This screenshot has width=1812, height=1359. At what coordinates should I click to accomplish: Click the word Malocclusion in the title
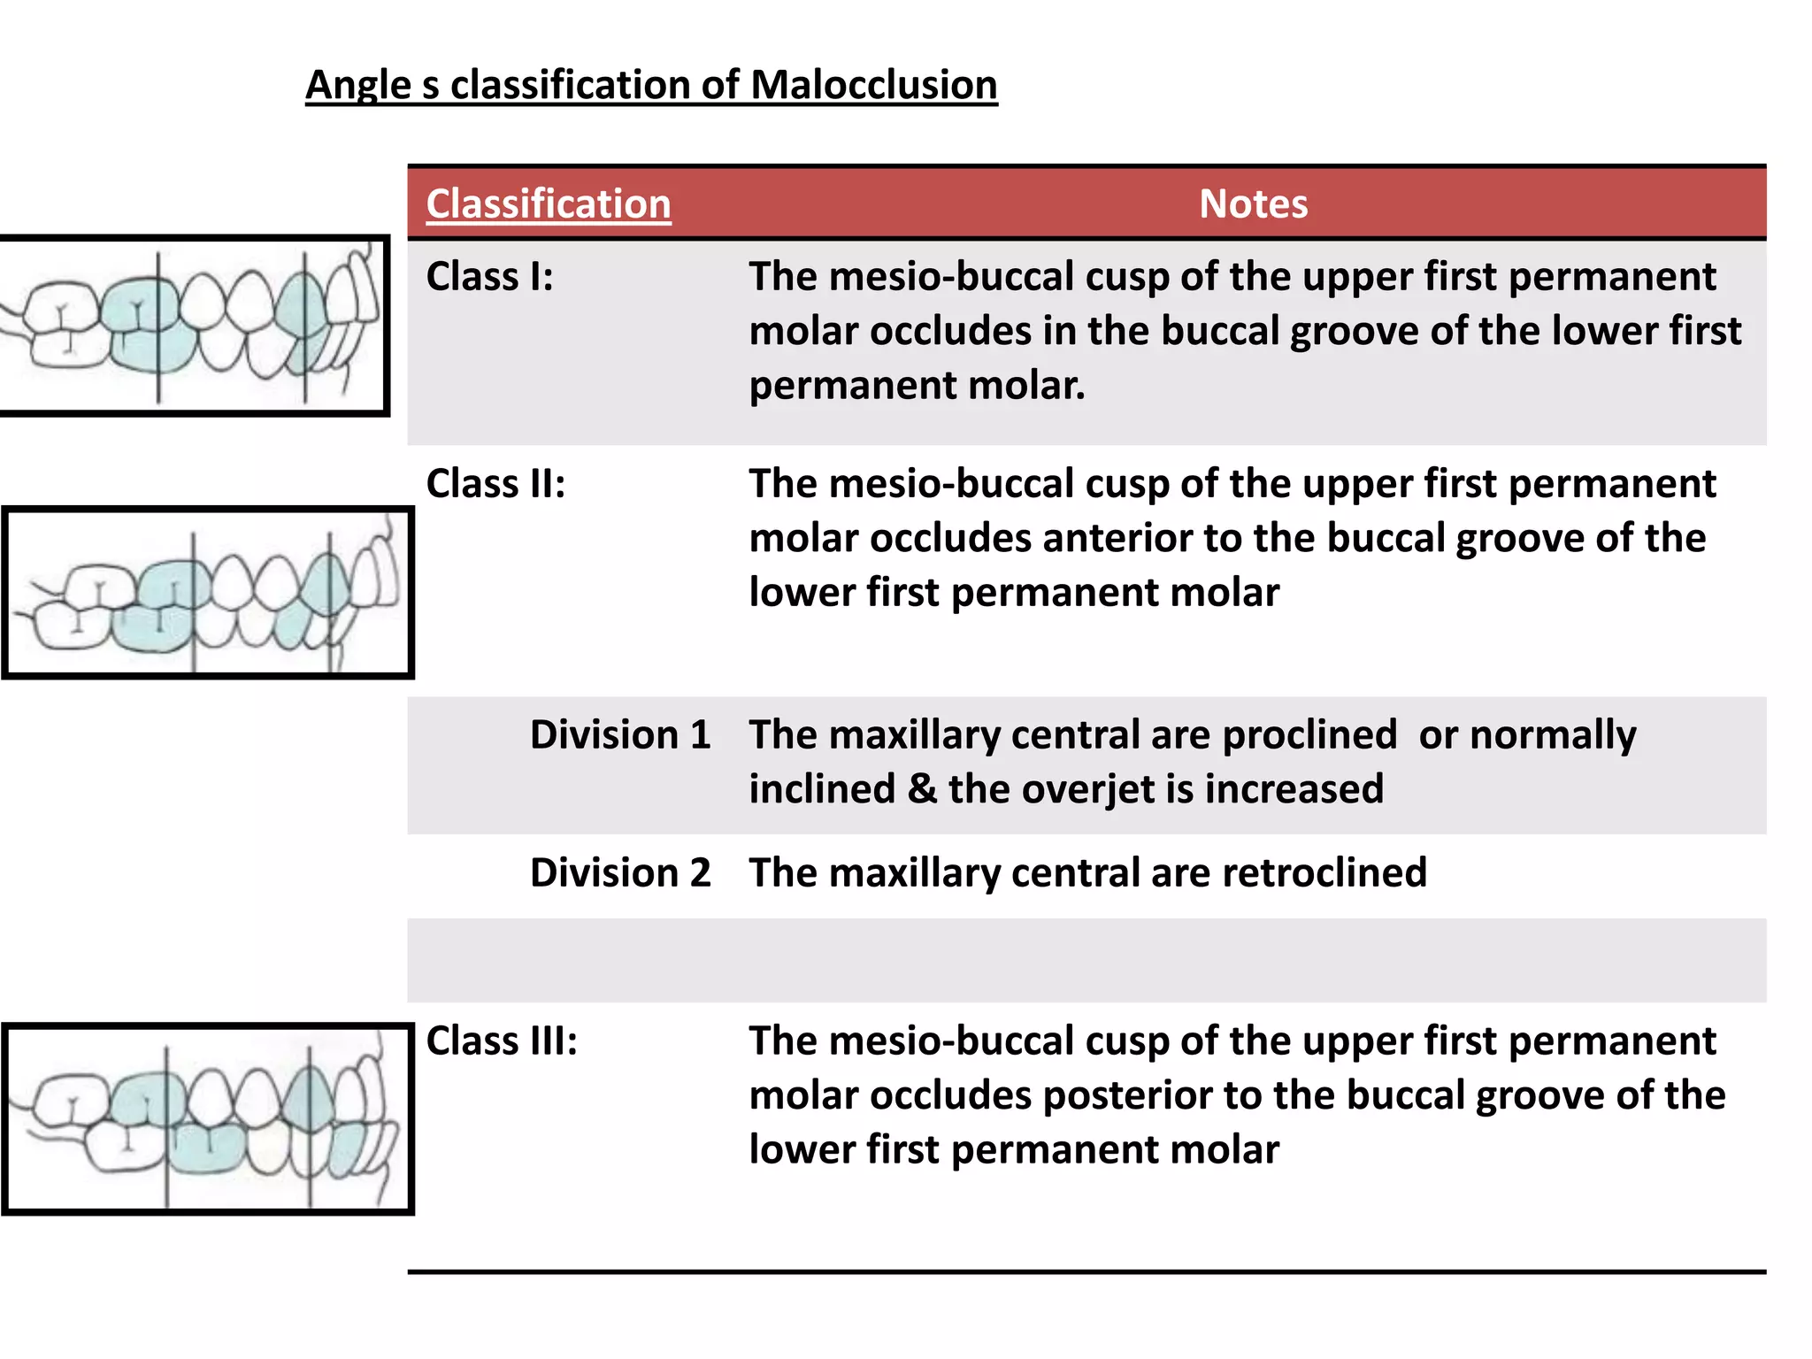873,86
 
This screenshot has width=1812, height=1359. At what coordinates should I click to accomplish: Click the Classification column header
549,203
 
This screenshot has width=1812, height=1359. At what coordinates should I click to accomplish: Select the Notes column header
1253,203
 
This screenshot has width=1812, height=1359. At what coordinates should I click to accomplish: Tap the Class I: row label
490,277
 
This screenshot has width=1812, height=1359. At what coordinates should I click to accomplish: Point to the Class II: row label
495,484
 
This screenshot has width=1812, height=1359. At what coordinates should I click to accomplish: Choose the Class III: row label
502,1041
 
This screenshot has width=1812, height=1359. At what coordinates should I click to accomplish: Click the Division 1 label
620,735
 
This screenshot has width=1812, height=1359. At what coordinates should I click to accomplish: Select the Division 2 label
620,873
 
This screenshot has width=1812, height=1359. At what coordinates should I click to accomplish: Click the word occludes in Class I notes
950,332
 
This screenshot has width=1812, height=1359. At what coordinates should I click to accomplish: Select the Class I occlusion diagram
194,326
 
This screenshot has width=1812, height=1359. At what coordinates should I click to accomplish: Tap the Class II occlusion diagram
208,593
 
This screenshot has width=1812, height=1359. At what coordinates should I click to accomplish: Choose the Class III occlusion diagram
208,1118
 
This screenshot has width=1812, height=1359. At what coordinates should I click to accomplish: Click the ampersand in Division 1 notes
922,789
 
